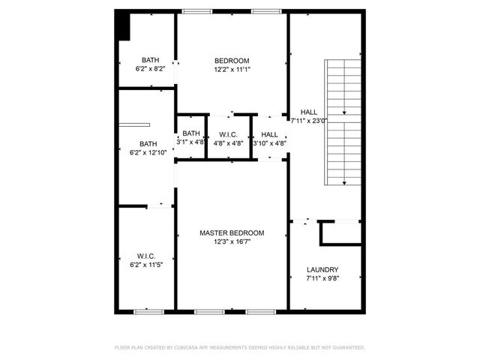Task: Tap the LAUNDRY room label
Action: click(x=322, y=270)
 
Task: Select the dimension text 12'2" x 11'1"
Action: click(x=232, y=69)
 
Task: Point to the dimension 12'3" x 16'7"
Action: click(x=232, y=241)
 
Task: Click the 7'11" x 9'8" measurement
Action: click(x=322, y=278)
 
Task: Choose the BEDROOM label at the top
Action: click(x=232, y=61)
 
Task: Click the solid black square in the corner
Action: click(x=124, y=28)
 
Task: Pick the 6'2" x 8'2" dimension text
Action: click(x=151, y=69)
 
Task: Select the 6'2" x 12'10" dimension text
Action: click(x=148, y=152)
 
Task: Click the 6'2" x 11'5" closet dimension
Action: click(x=146, y=264)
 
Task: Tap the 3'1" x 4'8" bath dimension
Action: click(x=191, y=142)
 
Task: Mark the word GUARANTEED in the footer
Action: click(x=346, y=348)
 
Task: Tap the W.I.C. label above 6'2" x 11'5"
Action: click(x=146, y=256)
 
